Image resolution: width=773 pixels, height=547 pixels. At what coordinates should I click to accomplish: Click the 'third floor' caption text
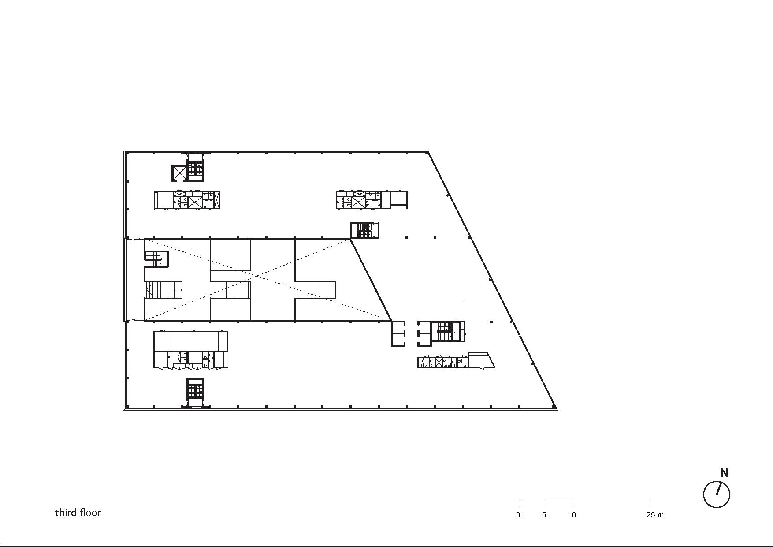click(78, 513)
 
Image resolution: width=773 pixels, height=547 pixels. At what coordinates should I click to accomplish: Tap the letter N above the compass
click(724, 473)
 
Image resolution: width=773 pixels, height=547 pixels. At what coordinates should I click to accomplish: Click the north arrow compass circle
click(717, 495)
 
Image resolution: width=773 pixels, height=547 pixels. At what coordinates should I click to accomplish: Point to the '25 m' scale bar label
click(655, 515)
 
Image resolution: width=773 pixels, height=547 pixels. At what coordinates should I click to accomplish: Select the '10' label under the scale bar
click(572, 515)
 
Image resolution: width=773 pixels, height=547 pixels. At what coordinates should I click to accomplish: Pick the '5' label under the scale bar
click(544, 515)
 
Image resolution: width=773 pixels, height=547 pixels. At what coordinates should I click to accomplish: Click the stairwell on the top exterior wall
click(195, 167)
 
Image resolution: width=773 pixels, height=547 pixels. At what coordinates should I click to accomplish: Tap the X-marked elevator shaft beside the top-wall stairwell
click(179, 172)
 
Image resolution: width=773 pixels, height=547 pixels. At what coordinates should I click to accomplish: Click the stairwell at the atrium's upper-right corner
click(364, 230)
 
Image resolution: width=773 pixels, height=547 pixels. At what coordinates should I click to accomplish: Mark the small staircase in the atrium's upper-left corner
click(154, 259)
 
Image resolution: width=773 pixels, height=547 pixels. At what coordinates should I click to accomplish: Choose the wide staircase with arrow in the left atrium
click(164, 290)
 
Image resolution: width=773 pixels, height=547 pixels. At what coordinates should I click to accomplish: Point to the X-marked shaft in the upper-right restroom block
click(358, 202)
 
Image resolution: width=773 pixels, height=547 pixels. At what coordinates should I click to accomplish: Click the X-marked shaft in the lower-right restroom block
click(439, 363)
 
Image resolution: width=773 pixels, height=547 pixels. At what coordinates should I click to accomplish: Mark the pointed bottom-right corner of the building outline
click(557, 409)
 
